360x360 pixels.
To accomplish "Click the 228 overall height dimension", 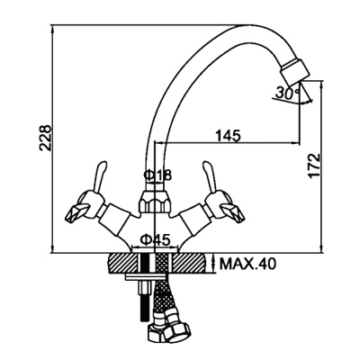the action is tap(47, 138).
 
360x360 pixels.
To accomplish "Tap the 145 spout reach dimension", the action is tap(229, 136).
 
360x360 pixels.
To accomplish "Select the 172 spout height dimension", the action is tap(315, 166).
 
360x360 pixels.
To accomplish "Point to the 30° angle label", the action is tap(288, 94).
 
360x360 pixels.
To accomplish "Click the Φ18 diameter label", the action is tap(157, 175).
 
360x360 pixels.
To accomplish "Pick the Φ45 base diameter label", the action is tap(156, 239).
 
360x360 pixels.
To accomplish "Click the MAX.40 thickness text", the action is tap(247, 264).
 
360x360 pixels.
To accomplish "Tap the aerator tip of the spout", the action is tap(294, 69).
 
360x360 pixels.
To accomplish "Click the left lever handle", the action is tap(100, 176).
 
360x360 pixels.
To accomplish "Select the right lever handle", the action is tap(210, 176).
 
